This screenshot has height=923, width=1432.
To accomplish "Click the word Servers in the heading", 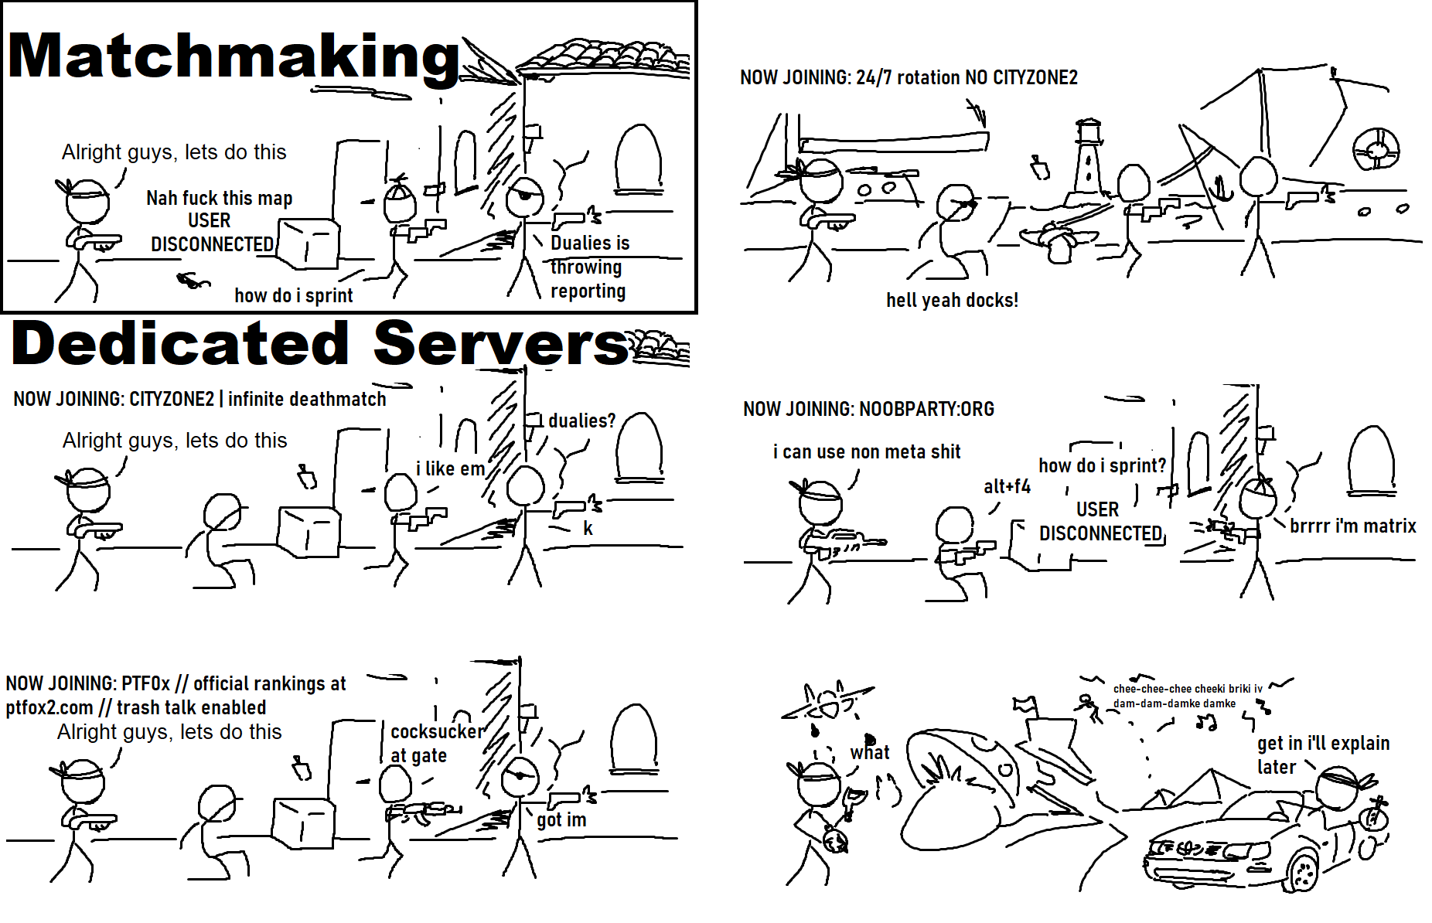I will [501, 344].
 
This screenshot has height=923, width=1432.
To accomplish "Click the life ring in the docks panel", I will [1376, 148].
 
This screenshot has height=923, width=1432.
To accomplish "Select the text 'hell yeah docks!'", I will [952, 300].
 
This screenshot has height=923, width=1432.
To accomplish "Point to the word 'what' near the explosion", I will [870, 752].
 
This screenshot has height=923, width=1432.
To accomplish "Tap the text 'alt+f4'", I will [1007, 486].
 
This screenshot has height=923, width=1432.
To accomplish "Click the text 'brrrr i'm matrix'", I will [1352, 526].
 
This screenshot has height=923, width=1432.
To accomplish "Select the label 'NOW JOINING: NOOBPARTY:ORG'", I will [868, 409].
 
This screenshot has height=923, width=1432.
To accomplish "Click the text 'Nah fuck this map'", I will [219, 199].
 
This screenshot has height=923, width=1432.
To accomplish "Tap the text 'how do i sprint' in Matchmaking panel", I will [293, 295].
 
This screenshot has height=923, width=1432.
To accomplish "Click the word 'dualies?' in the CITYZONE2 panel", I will [581, 421].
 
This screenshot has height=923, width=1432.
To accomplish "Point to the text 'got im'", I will [561, 819].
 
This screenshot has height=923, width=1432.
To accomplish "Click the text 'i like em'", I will [450, 468].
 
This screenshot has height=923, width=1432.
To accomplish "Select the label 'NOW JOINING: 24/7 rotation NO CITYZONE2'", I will [909, 77].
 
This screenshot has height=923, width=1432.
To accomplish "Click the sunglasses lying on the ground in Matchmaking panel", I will [193, 281].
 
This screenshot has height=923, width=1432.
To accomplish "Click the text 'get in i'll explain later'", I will [1322, 754].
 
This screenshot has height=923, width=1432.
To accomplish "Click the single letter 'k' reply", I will [588, 528].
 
